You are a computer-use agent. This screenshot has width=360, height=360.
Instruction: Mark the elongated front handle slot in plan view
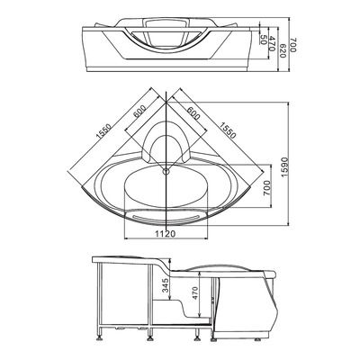click(x=167, y=216)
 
